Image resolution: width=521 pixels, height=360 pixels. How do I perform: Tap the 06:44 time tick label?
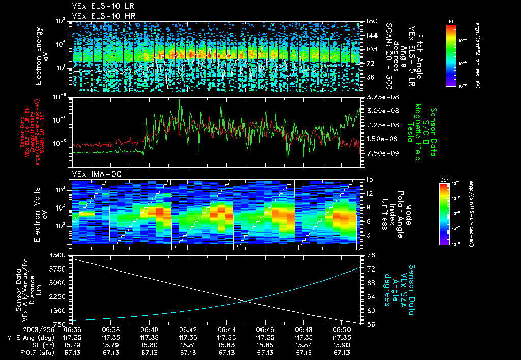(x=226, y=329)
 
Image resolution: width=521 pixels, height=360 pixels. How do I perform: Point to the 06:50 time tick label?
(x=342, y=329)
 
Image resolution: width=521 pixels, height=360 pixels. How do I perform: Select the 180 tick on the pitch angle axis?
(x=371, y=21)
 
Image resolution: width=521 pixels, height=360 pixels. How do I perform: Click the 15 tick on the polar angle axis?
(x=370, y=179)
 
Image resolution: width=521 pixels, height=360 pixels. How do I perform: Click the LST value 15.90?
(x=342, y=344)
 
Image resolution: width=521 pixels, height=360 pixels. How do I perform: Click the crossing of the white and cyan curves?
(x=246, y=301)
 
